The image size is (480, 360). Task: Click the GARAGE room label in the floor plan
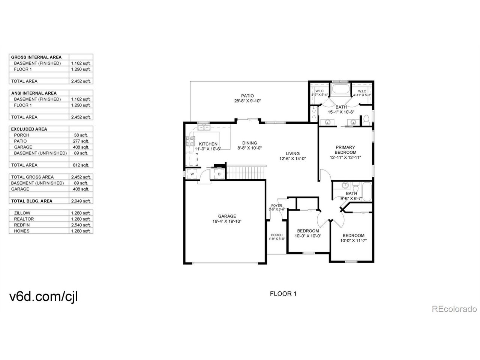tap(227, 216)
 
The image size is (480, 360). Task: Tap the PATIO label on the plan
tap(247, 96)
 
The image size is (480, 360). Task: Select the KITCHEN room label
tap(208, 144)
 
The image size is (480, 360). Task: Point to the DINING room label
tap(249, 143)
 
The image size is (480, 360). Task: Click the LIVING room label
tap(292, 153)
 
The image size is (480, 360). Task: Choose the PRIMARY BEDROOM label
tap(345, 150)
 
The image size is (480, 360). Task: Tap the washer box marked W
tap(192, 174)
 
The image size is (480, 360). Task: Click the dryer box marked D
tap(219, 174)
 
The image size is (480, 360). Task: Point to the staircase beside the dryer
tap(246, 174)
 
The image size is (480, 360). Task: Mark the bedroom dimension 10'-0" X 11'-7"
tap(353, 240)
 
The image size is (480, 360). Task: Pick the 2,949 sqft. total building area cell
tap(81, 201)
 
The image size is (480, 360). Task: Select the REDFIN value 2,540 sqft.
tap(81, 225)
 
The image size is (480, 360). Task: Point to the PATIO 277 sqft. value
tap(81, 141)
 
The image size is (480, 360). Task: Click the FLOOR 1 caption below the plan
tap(283, 294)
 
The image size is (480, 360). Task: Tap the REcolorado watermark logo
tap(454, 309)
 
